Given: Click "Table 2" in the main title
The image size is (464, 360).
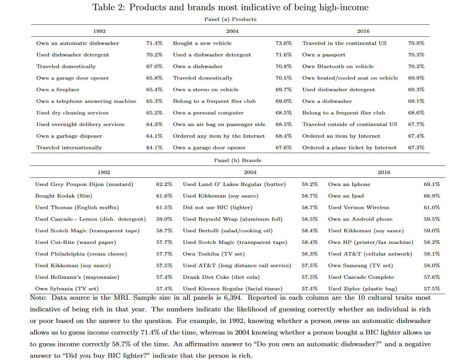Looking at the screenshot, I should pyautogui.click(x=109, y=7).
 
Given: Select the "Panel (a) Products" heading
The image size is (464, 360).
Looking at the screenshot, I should pyautogui.click(x=230, y=19).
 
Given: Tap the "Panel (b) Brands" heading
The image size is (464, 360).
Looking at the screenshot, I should pyautogui.click(x=237, y=160).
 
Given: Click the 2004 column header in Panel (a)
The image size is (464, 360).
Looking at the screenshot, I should pyautogui.click(x=232, y=31).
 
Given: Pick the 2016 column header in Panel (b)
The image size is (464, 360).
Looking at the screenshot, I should pyautogui.click(x=384, y=172).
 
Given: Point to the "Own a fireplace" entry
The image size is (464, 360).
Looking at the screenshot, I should pyautogui.click(x=58, y=90).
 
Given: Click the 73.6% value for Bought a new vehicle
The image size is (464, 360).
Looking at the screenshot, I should pyautogui.click(x=284, y=43).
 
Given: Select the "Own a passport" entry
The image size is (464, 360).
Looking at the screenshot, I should pyautogui.click(x=323, y=55).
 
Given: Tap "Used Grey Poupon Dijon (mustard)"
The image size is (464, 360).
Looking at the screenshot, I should pyautogui.click(x=84, y=184).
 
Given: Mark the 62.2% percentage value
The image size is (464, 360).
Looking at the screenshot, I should pyautogui.click(x=164, y=184).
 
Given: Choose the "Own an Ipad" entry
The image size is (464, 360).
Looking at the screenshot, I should pyautogui.click(x=346, y=196).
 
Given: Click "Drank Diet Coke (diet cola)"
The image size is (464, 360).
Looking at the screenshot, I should pyautogui.click(x=221, y=277).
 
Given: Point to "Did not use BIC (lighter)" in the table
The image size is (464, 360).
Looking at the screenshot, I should pyautogui.click(x=218, y=208).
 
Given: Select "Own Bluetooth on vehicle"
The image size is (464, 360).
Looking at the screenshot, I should pyautogui.click(x=338, y=66).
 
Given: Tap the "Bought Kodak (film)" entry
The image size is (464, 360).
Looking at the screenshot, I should pyautogui.click(x=63, y=196).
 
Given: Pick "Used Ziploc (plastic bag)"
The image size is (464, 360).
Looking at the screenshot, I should pyautogui.click(x=363, y=289).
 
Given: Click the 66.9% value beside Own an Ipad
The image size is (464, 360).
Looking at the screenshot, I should pyautogui.click(x=432, y=196).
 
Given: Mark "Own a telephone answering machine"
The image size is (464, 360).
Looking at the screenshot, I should pyautogui.click(x=86, y=101).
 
